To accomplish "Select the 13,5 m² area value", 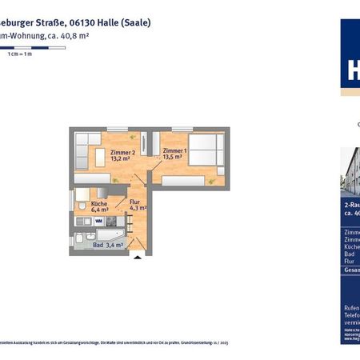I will pos(173,158).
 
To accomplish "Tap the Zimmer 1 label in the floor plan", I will pos(174,150).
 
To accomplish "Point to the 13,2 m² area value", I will pos(122,158).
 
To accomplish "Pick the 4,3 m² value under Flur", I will pos(138,210).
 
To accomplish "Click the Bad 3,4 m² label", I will pos(109,246).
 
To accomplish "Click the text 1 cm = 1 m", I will pos(19,54).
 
